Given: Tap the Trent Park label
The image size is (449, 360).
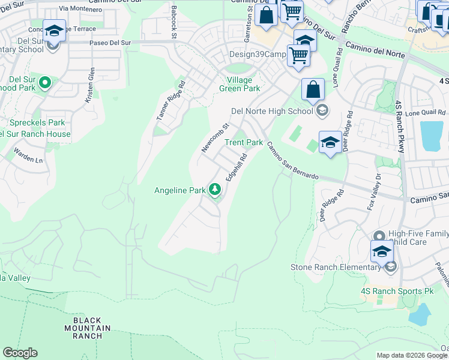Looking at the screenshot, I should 244,142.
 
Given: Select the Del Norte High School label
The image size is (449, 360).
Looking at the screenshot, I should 272,111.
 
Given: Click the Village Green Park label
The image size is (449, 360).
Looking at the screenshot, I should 240,84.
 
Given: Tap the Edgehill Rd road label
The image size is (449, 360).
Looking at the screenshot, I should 236,167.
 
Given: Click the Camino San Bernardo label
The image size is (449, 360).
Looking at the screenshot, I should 292,160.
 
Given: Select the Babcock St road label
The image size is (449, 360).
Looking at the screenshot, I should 173,23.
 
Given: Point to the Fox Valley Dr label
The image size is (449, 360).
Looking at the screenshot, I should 373,192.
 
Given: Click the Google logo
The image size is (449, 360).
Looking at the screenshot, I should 20,353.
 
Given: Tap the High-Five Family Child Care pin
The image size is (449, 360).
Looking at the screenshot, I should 378,236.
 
